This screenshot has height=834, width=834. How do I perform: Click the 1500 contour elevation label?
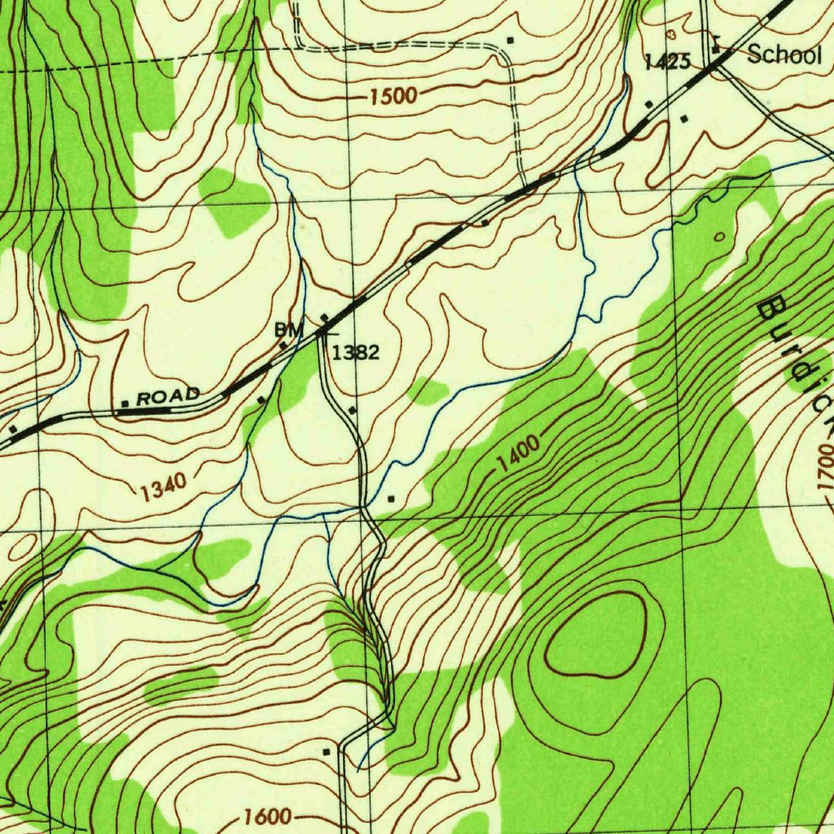(x=393, y=98)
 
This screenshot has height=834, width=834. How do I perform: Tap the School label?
(x=784, y=55)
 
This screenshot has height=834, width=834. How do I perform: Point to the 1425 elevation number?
(x=667, y=62)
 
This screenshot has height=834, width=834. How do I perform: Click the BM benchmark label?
(x=288, y=329)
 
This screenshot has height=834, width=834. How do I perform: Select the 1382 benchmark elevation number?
(x=356, y=353)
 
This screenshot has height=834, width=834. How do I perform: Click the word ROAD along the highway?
(x=168, y=397)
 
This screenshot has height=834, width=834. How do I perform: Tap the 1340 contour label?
(x=163, y=489)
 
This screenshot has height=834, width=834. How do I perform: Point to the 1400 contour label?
(x=518, y=454)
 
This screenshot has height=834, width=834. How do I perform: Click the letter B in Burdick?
(x=770, y=309)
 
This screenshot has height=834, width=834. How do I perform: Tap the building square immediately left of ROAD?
(x=125, y=403)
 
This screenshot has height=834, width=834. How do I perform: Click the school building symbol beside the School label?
(x=716, y=48)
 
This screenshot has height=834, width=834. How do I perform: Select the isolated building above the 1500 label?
(x=511, y=40)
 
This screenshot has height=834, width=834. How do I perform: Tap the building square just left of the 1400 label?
(x=392, y=498)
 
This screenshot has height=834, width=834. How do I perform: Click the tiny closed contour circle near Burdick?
(x=720, y=237)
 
